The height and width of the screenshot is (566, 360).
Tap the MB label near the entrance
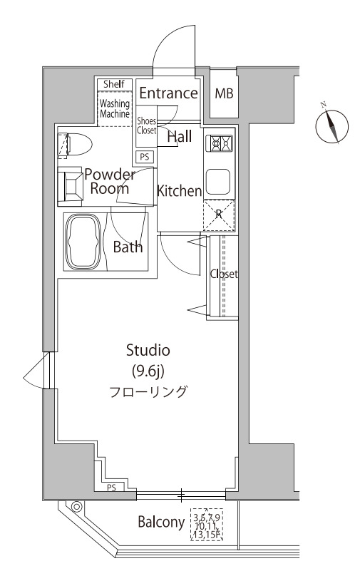click(224, 93)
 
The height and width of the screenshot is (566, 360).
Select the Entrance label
click(168, 93)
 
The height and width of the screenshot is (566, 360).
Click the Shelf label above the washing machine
click(114, 85)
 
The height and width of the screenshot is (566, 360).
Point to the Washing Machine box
click(114, 108)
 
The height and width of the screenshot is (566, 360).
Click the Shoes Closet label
click(146, 126)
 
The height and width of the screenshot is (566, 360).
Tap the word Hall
click(179, 137)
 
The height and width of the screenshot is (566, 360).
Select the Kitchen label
click(180, 190)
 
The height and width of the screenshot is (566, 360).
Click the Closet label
click(224, 274)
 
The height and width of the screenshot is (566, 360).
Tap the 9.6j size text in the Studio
click(148, 370)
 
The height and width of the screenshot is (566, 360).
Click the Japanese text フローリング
click(148, 391)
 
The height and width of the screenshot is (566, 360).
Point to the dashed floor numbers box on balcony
click(207, 524)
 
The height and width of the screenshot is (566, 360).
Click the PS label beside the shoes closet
click(145, 157)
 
